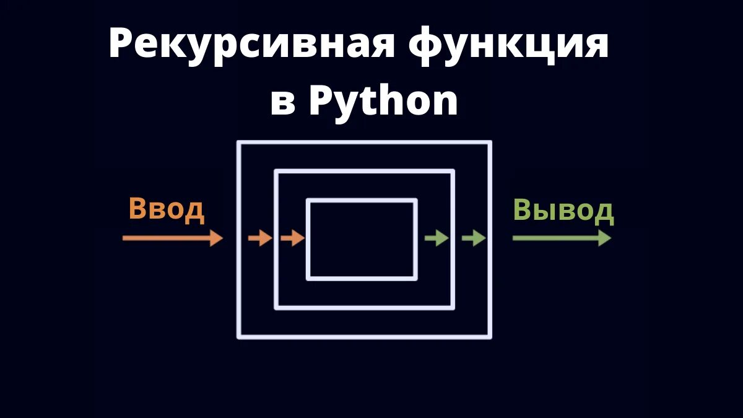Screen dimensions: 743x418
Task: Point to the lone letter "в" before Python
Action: (x=283, y=103)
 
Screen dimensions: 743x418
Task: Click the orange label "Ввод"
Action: (x=166, y=209)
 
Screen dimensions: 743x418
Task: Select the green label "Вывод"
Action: (x=563, y=211)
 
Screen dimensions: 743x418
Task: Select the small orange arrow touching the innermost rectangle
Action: (x=292, y=238)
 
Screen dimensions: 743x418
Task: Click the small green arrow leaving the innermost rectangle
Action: (x=437, y=238)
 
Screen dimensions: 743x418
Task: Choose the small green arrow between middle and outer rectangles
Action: (x=474, y=238)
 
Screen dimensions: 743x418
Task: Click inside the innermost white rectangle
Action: (x=362, y=239)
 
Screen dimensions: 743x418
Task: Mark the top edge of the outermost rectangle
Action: (x=364, y=143)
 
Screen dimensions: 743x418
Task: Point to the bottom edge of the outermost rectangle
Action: (x=364, y=337)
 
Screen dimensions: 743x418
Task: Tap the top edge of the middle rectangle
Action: (x=364, y=172)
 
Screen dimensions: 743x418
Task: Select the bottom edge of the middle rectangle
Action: (x=364, y=307)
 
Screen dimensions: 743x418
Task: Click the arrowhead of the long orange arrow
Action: (x=216, y=238)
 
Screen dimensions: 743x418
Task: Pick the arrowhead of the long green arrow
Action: (x=605, y=238)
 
